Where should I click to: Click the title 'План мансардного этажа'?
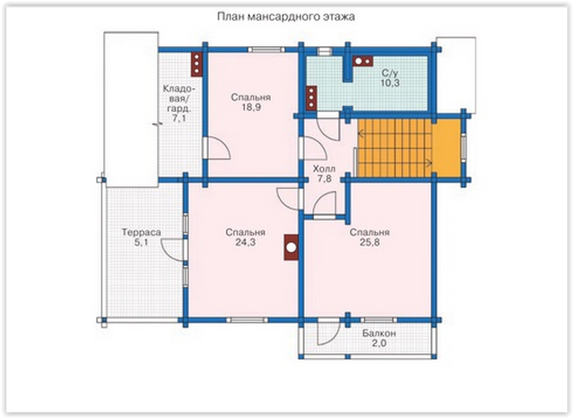point(285,17)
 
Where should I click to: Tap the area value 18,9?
point(251,107)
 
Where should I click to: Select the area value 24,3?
point(245,242)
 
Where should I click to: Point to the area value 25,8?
point(369,242)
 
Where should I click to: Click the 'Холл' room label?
point(324,169)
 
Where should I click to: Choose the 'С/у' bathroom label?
point(390,72)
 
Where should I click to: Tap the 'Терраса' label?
point(141,232)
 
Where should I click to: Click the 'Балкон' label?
point(379,334)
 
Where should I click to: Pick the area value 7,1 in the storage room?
point(179,118)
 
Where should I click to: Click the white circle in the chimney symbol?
point(291,248)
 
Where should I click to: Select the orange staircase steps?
point(395,148)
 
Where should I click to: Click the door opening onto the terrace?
point(173,250)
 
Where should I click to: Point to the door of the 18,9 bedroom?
point(219,148)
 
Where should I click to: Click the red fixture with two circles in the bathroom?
point(363,61)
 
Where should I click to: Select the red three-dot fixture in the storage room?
point(197,65)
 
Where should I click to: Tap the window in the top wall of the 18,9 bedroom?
point(266,50)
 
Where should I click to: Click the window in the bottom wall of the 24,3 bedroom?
point(247,320)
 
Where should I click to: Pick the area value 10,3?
point(390,82)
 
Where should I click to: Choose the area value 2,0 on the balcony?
point(379,343)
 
